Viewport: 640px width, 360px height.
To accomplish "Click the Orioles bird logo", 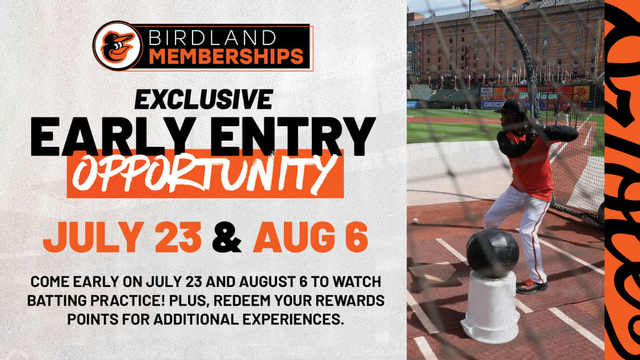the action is (118, 46).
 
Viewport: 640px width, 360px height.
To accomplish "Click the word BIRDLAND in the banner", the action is (212, 38).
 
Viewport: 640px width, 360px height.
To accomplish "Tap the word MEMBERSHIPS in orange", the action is (226, 57).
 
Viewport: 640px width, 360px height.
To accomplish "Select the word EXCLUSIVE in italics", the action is (204, 99).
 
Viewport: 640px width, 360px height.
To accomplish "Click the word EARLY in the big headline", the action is (112, 136).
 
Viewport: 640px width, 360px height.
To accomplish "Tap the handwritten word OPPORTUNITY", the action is (205, 174).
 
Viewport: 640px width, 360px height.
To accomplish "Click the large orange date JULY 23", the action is (122, 237).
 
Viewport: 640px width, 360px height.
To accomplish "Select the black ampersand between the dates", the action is (227, 237).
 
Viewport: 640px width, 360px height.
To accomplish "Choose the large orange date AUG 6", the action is (311, 237).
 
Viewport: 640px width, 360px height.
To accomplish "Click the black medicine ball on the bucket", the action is (492, 252).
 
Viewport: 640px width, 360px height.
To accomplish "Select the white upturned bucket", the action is (489, 307).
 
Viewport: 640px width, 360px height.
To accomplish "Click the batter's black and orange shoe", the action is (532, 286).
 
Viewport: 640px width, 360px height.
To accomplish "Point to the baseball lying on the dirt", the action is (416, 221).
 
